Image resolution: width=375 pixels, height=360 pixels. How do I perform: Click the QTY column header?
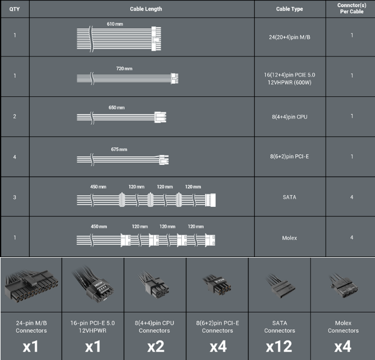15,9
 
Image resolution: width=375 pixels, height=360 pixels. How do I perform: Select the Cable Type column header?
289,9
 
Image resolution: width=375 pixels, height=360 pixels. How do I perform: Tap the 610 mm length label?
115,24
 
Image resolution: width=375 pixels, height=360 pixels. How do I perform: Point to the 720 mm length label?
124,69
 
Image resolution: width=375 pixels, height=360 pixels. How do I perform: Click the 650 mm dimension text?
116,107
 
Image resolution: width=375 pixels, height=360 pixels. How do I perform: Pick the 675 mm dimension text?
119,149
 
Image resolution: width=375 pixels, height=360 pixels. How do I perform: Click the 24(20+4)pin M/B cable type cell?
289,37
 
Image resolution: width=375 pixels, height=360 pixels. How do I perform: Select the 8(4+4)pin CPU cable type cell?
289,117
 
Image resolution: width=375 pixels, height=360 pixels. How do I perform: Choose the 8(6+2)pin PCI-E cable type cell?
289,157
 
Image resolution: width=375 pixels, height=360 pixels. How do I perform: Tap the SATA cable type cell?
289,197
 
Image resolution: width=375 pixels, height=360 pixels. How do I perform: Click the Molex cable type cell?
289,238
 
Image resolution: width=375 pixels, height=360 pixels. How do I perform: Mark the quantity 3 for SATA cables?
15,197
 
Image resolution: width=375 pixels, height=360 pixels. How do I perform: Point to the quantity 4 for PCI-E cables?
15,157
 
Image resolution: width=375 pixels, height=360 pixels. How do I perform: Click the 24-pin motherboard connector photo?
31,286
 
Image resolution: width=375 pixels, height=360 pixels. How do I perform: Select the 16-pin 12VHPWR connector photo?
93,285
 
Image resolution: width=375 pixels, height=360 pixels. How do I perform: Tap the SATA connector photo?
280,286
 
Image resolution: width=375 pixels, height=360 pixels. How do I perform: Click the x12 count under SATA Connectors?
279,346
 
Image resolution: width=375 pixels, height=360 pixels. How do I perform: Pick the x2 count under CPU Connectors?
156,346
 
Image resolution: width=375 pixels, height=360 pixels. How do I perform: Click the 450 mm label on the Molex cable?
99,226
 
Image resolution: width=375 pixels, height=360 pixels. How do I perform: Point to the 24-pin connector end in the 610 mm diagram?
156,39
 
